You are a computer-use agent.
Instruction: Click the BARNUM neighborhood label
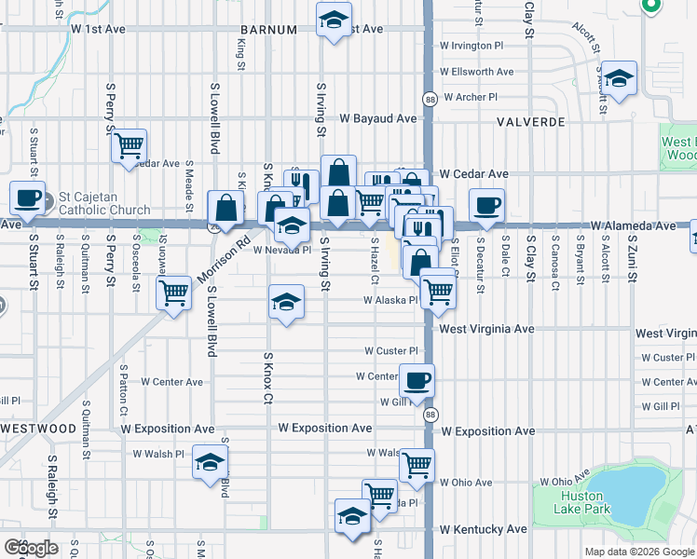coord(266,30)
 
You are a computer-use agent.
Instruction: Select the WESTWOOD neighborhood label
coord(38,429)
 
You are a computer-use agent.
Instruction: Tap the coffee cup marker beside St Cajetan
coord(27,198)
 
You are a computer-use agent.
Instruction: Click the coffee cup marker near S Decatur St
coord(485,206)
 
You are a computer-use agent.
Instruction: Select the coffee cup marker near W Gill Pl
coord(417,380)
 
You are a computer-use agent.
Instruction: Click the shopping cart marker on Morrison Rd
coord(174,293)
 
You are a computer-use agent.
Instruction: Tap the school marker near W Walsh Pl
coord(211,463)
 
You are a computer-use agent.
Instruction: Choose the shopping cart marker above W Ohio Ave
coord(417,464)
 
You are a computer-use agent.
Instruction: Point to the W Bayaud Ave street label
coord(377,119)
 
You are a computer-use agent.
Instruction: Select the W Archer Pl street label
coord(471,97)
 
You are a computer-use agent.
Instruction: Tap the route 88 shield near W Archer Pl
coord(430,99)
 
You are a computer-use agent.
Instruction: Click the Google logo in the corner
coord(32,548)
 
